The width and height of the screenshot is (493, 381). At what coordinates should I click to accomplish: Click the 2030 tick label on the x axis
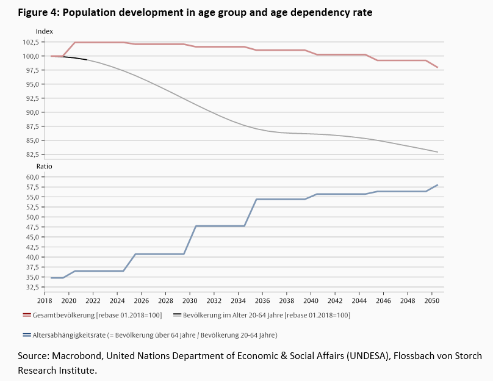[190, 301]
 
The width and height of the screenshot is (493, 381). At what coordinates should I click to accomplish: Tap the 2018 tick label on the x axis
[45, 301]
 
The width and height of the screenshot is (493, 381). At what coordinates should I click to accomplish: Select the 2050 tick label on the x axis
[431, 301]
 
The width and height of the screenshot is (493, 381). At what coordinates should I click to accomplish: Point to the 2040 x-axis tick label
[311, 301]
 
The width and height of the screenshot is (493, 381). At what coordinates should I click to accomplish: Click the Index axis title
[45, 31]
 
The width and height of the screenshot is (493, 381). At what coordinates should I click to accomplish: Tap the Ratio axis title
[45, 166]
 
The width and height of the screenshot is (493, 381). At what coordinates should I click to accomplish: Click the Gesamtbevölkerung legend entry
[92, 315]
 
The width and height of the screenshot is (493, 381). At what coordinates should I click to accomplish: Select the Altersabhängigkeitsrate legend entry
[149, 335]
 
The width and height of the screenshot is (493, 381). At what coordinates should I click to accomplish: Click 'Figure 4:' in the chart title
[38, 12]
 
